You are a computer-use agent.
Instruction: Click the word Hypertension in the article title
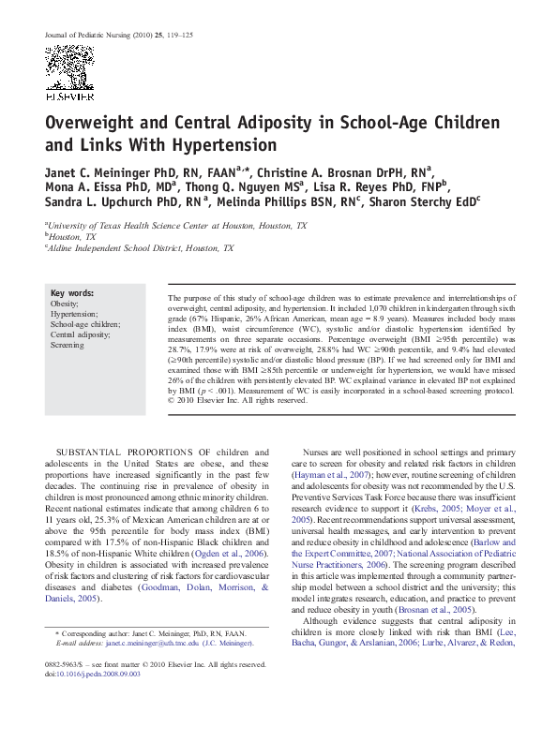click(x=224, y=145)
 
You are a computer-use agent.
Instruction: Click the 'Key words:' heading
click(x=72, y=293)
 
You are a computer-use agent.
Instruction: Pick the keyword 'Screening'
click(x=68, y=344)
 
